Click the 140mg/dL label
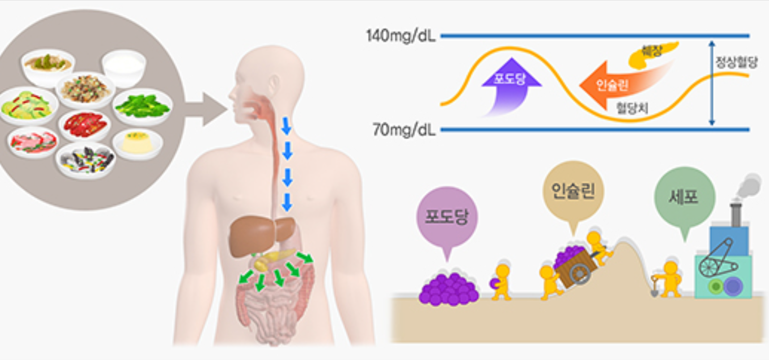pyautogui.click(x=401, y=36)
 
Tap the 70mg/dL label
pyautogui.click(x=404, y=130)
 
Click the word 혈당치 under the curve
pyautogui.click(x=632, y=108)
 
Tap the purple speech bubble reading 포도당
pyautogui.click(x=447, y=217)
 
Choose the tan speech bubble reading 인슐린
pyautogui.click(x=573, y=191)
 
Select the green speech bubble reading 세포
pyautogui.click(x=684, y=197)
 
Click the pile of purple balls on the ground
pyautogui.click(x=448, y=290)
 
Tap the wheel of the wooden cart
pyautogui.click(x=579, y=272)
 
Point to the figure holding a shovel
pyautogui.click(x=669, y=280)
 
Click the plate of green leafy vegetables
pyautogui.click(x=142, y=106)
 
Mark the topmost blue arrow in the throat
pyautogui.click(x=286, y=125)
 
